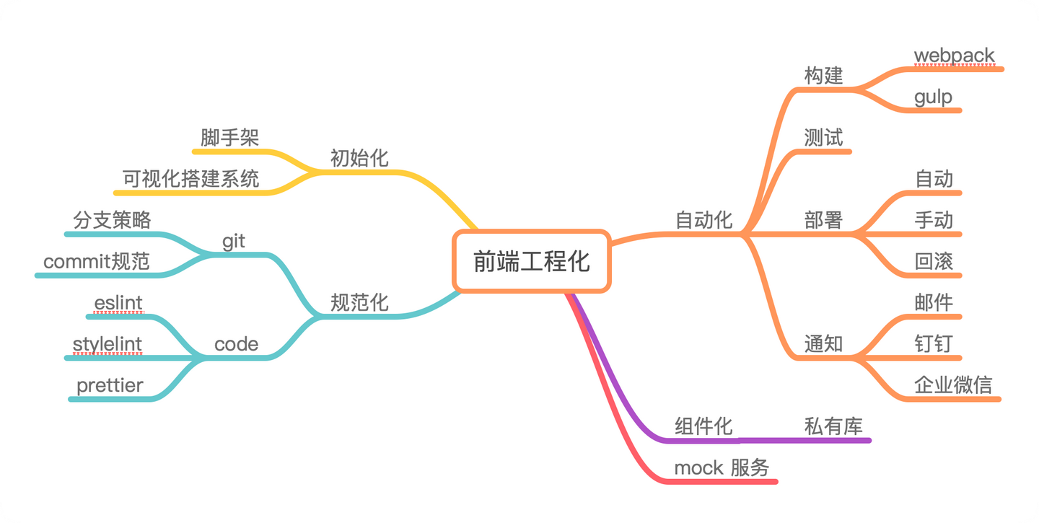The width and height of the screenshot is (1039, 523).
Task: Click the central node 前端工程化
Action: coord(532,261)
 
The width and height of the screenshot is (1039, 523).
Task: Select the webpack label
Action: coord(954,56)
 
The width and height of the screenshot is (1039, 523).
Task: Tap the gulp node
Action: coord(933,97)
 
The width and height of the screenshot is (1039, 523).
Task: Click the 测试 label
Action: coord(823,138)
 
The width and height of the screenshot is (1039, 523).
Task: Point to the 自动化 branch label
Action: coord(703,220)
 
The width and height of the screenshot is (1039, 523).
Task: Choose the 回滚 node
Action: coord(934,261)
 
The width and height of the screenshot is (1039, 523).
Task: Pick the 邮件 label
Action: coord(934,302)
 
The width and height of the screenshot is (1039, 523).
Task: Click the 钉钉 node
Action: coord(934,343)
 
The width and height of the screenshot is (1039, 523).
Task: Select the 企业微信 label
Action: coord(953,384)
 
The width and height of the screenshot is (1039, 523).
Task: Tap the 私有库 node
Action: coord(833,426)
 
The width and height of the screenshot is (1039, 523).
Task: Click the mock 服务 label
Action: coord(722,467)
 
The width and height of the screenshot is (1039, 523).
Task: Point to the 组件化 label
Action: coord(703,426)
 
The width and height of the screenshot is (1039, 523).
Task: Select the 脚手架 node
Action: coord(229,138)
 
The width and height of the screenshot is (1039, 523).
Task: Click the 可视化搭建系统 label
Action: coord(190,179)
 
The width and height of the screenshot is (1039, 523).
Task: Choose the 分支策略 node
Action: coord(112,220)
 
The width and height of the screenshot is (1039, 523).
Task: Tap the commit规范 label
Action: coord(97,261)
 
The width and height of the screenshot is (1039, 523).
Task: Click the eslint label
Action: coord(118,303)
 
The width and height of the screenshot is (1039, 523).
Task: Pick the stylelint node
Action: coord(108,344)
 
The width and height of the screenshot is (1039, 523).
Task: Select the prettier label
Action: coord(110,385)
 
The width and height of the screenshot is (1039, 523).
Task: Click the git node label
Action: coord(234,242)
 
